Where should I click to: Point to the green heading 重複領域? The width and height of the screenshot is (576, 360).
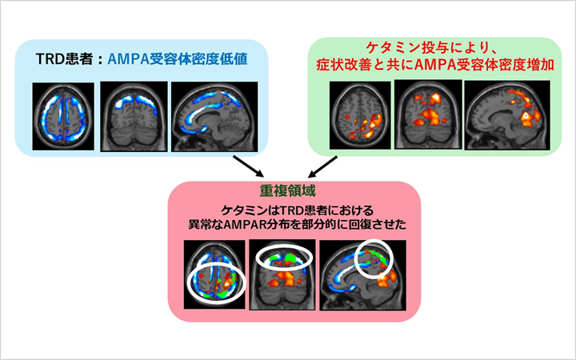pyautogui.click(x=288, y=194)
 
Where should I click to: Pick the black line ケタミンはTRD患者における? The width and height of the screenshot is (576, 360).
pyautogui.click(x=288, y=210)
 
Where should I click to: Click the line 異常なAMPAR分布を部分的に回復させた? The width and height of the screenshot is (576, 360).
pyautogui.click(x=288, y=225)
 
